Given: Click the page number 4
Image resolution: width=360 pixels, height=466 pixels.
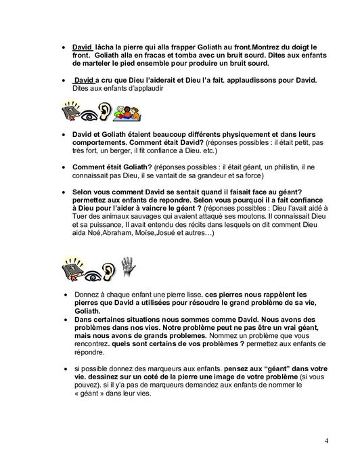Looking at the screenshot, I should [x=326, y=442].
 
